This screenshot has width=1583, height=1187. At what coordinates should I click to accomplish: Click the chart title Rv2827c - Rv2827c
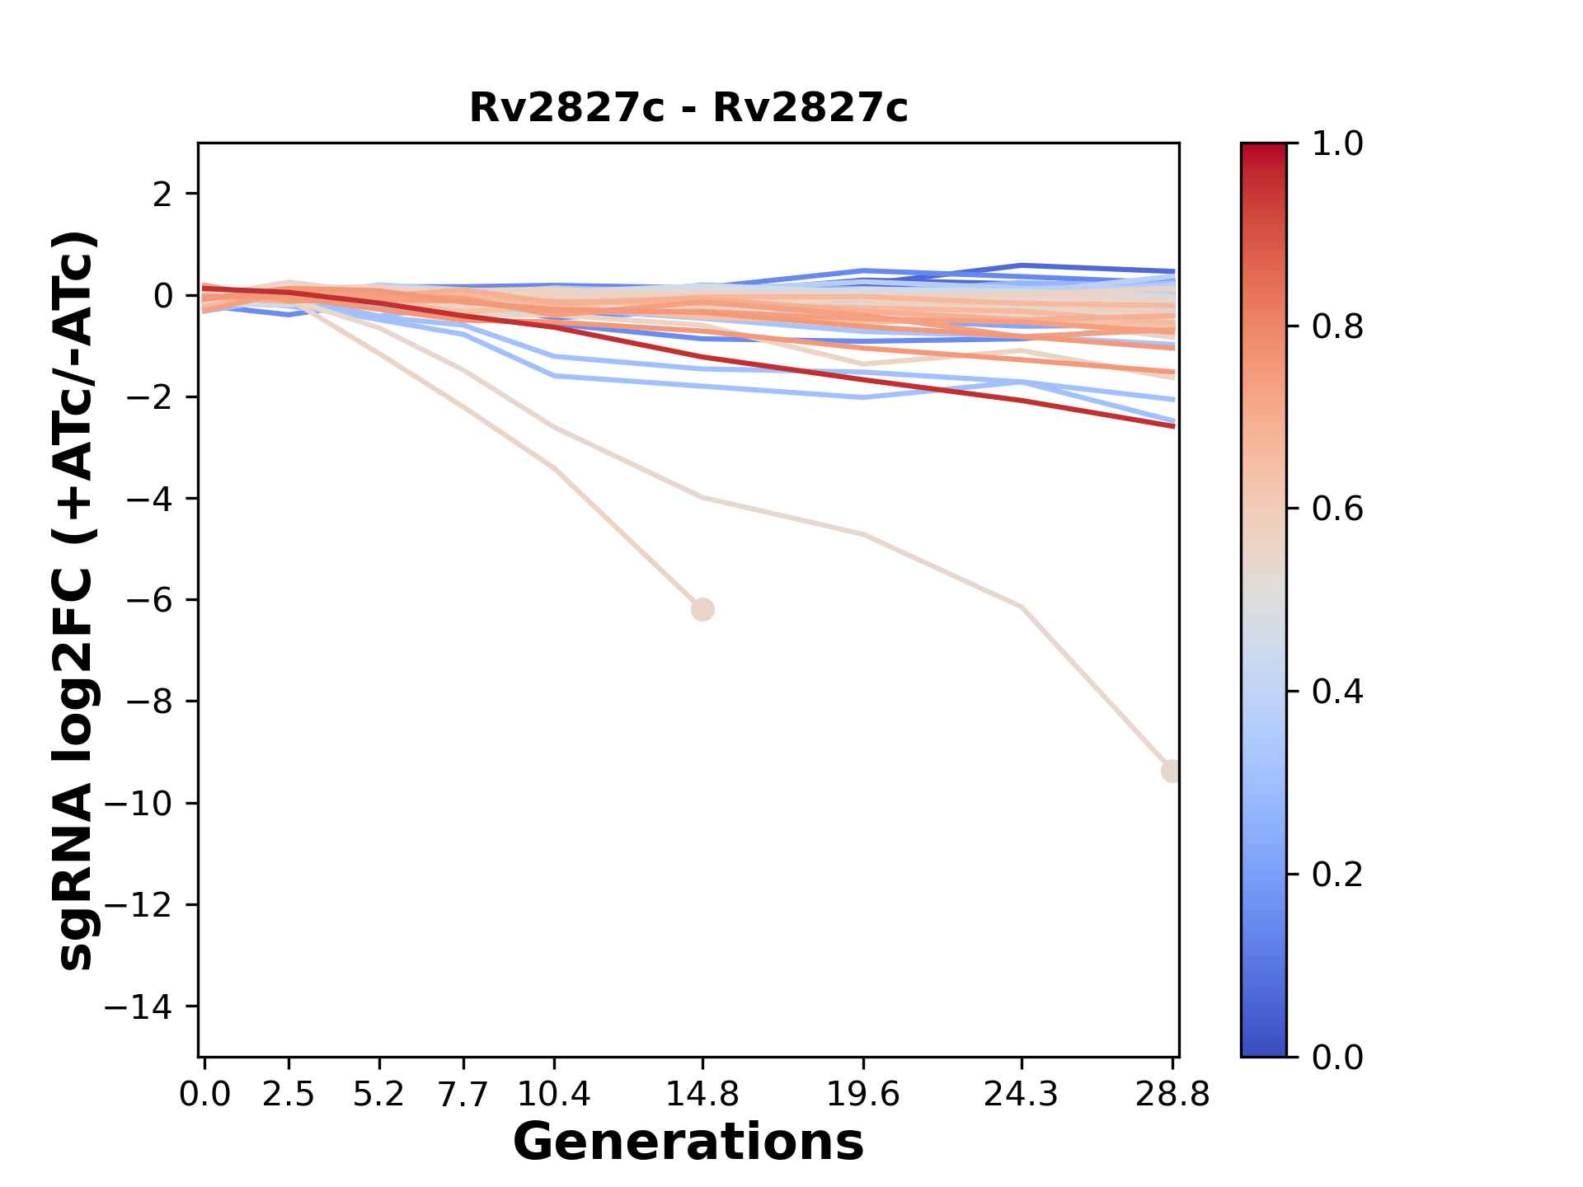pos(688,108)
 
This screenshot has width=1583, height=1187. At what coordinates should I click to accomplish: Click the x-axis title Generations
pos(688,1142)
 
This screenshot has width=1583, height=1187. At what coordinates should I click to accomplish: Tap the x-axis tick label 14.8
pos(702,1094)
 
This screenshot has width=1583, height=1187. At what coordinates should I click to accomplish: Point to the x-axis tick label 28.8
pos(1172,1094)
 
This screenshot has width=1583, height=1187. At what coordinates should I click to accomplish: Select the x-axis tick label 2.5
pos(289,1094)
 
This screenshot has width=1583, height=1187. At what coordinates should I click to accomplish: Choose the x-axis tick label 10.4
pos(554,1094)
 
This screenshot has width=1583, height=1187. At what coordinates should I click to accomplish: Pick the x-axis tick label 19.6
pos(863,1094)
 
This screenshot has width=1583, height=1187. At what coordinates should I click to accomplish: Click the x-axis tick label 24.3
pos(1022,1094)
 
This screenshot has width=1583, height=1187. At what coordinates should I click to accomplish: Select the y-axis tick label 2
pos(162,195)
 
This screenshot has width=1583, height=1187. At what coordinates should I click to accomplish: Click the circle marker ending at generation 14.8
pos(702,610)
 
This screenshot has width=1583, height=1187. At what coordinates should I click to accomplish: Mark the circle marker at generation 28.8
pos(1172,771)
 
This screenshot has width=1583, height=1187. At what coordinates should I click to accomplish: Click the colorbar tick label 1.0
pos(1337,144)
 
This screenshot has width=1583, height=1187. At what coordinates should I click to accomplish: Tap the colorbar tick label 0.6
pos(1337,509)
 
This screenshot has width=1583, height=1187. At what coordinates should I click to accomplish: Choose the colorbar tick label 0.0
pos(1337,1057)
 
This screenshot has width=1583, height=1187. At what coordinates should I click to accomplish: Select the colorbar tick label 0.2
pos(1337,875)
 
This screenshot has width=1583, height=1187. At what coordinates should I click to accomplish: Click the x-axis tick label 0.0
pos(204,1094)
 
